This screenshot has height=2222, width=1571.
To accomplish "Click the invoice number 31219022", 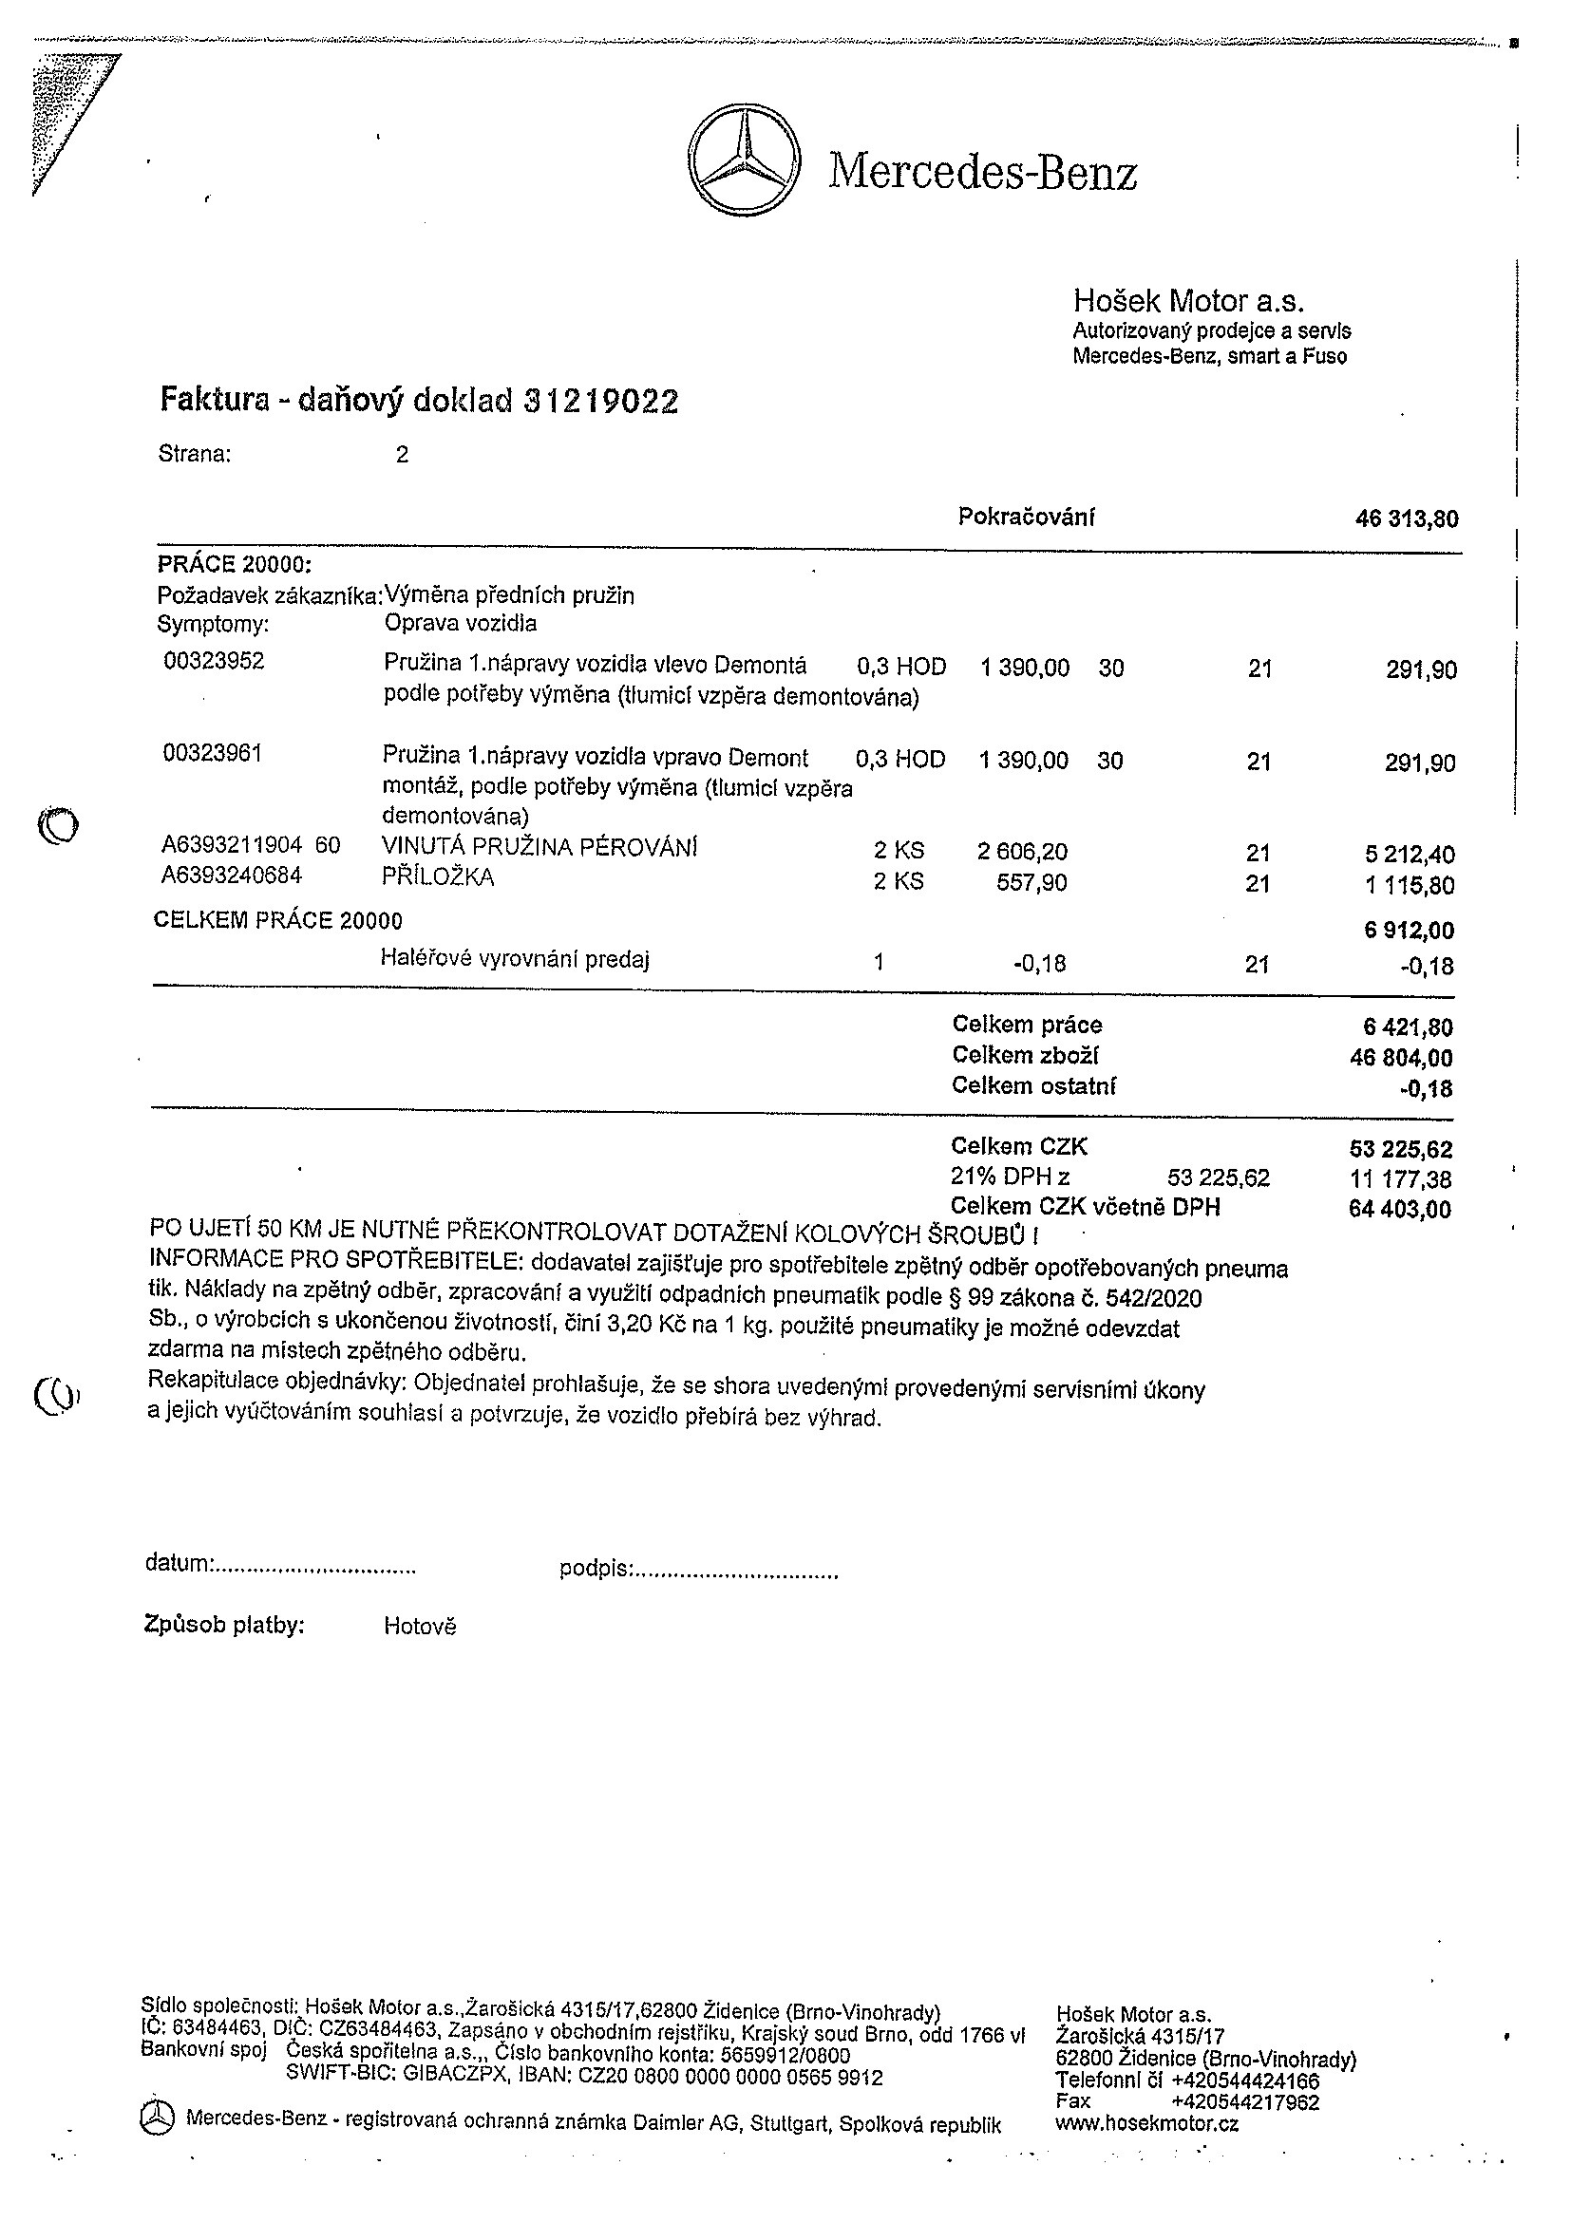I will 601,401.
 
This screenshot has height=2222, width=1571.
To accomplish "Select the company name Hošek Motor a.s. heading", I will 1188,300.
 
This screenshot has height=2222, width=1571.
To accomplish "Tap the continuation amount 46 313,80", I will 1407,519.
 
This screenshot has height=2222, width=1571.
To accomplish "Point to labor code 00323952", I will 214,661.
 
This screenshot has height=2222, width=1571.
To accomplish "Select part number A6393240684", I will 233,876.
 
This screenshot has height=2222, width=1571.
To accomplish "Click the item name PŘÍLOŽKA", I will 439,876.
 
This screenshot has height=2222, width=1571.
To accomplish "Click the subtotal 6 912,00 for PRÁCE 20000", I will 1410,931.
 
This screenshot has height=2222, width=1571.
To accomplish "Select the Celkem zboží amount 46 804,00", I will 1401,1058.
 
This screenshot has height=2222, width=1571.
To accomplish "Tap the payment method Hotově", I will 419,1626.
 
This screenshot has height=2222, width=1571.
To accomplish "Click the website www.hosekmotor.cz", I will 1147,2123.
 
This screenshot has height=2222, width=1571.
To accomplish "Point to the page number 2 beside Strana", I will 403,455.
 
